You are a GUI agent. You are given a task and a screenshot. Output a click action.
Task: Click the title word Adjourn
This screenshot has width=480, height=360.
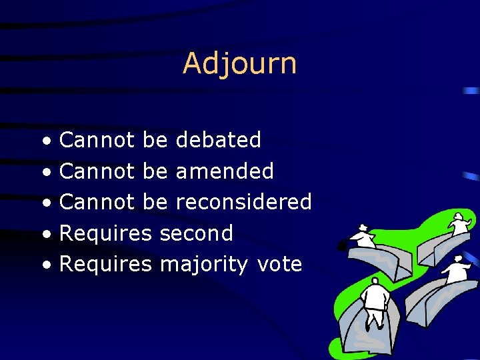(239, 64)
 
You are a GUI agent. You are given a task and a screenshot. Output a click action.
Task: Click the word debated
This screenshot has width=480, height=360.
(217, 140)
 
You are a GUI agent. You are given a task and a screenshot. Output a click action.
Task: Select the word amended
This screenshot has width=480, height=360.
(224, 171)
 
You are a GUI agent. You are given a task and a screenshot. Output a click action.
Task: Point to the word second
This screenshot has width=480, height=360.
(197, 233)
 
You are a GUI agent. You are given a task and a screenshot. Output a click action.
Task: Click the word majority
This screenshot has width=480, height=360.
(203, 265)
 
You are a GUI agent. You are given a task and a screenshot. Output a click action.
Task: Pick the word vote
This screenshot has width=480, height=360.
(279, 265)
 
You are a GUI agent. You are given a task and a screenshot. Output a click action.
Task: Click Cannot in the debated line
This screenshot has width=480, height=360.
(98, 140)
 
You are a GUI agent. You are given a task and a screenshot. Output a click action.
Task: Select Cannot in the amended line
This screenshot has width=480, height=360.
(98, 171)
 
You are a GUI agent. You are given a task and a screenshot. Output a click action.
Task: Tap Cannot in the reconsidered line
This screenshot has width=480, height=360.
(98, 202)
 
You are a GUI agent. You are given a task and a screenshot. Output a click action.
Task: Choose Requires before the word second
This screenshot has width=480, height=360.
(106, 233)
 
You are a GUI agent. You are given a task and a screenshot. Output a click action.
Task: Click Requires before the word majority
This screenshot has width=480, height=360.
(106, 265)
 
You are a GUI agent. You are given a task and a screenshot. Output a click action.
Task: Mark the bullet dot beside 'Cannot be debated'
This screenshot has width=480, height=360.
(45, 141)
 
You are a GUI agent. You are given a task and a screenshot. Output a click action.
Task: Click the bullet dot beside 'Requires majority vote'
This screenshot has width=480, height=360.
(45, 266)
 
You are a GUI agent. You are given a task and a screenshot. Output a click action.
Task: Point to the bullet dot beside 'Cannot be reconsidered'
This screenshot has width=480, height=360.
(45, 203)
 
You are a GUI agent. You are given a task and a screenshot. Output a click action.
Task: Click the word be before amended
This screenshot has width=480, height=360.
(155, 171)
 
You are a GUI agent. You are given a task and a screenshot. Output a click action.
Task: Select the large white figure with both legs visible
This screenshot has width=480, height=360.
(375, 303)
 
